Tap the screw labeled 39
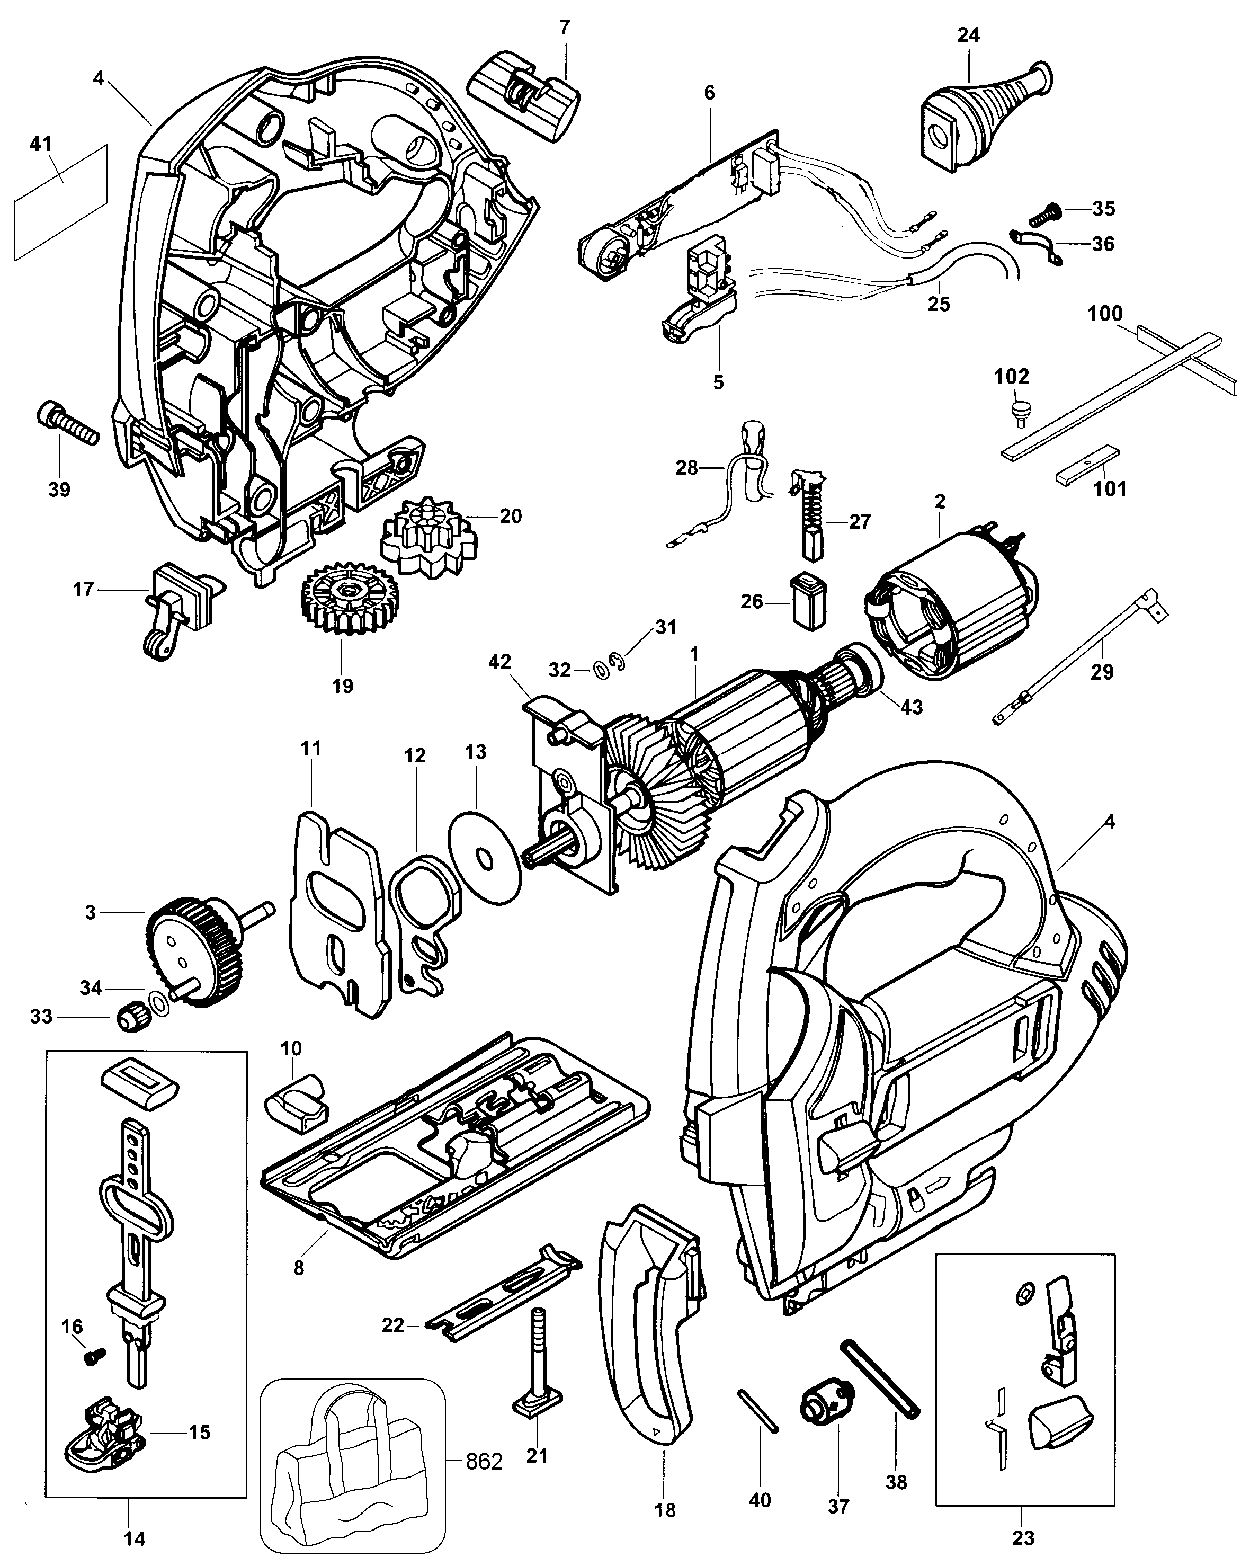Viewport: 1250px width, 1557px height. coord(66,425)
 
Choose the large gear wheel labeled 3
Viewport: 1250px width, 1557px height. coord(195,952)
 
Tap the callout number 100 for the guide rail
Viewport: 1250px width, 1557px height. coord(1105,314)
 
